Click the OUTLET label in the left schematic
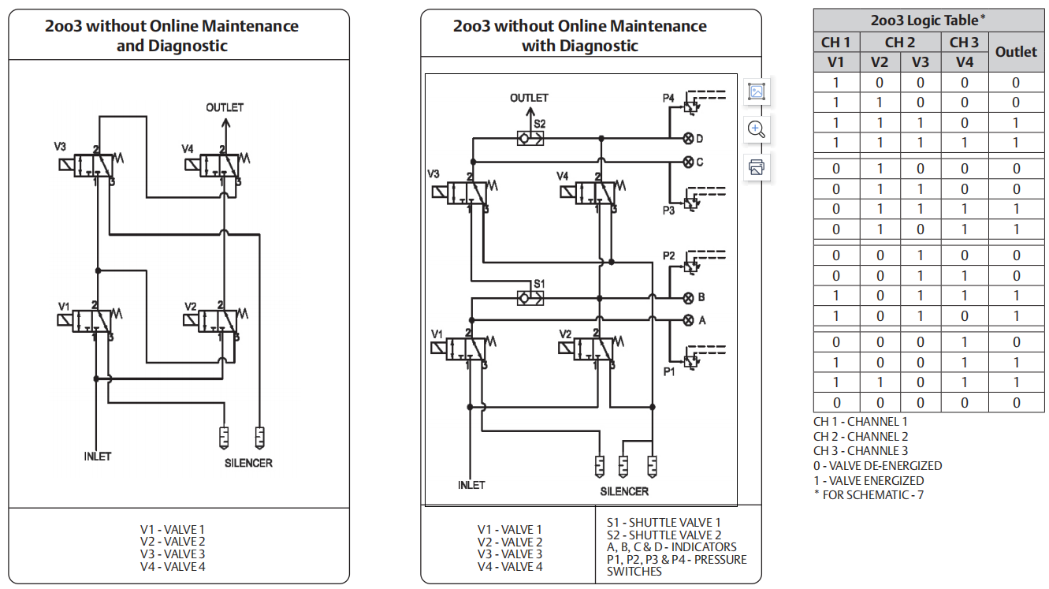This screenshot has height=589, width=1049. click(x=225, y=107)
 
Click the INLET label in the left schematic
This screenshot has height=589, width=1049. click(x=98, y=457)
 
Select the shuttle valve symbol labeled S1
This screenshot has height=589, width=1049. click(x=529, y=298)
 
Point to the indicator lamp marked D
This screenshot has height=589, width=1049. click(x=688, y=139)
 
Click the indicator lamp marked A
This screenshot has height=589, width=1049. click(x=688, y=320)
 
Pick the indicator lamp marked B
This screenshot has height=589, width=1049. click(x=688, y=298)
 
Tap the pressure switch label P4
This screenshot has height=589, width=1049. click(x=668, y=98)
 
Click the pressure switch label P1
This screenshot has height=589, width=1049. click(x=668, y=371)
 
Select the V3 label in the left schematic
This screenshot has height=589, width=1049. click(x=60, y=146)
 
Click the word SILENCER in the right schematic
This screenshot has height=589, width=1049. click(x=624, y=491)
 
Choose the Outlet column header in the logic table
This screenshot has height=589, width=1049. click(x=1016, y=52)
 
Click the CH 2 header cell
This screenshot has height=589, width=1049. click(x=900, y=43)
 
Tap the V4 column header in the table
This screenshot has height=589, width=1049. click(x=964, y=62)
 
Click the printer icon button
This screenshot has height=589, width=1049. click(x=757, y=166)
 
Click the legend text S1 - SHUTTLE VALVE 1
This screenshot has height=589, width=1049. click(x=664, y=522)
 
